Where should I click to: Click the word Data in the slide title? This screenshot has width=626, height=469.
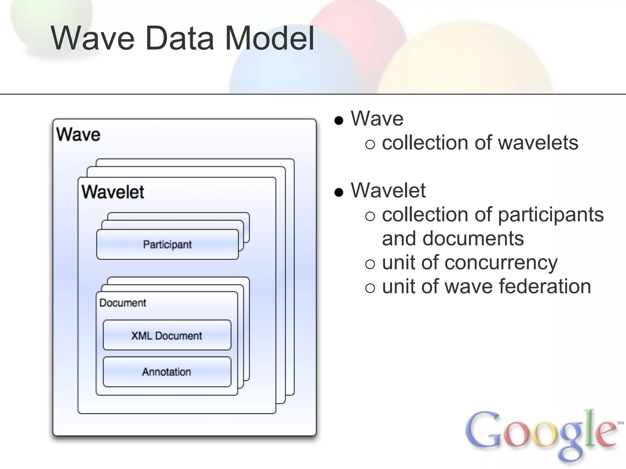click(180, 39)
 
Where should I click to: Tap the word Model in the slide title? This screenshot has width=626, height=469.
click(270, 39)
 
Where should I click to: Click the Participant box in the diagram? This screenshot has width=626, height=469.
click(167, 244)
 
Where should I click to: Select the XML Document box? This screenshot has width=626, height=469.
click(167, 335)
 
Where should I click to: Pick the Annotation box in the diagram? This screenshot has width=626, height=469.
click(167, 372)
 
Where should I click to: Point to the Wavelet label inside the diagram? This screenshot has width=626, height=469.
click(113, 192)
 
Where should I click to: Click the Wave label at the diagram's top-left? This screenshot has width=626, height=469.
click(78, 134)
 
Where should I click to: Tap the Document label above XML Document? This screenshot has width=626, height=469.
click(123, 303)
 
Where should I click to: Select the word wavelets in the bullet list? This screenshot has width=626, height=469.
click(538, 143)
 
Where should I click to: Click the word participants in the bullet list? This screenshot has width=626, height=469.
click(551, 215)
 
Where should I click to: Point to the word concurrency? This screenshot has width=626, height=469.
click(501, 263)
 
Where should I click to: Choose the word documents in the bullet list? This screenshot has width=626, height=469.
click(473, 238)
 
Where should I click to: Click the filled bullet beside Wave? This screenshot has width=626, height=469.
click(339, 121)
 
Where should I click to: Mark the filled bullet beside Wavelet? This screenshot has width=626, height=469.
click(339, 192)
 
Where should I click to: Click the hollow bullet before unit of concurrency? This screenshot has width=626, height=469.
click(370, 264)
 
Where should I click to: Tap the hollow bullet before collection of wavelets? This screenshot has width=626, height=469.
click(370, 144)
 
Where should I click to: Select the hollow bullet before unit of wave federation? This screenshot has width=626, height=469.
click(370, 288)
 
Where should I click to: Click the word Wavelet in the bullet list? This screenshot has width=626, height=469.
click(388, 190)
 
